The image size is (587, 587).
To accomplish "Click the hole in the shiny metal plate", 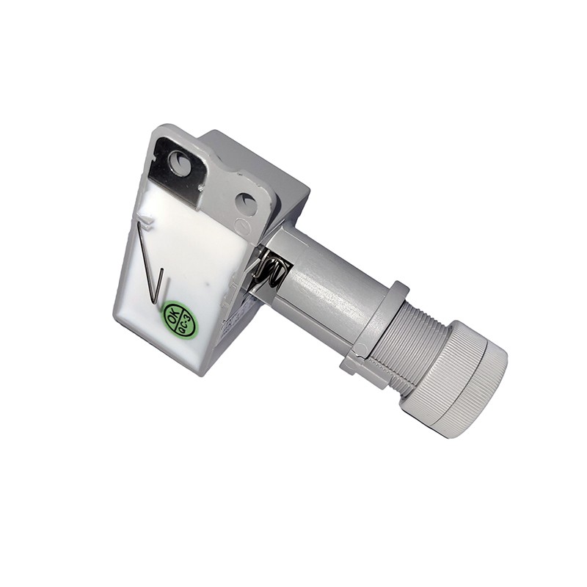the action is tap(178, 159).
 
